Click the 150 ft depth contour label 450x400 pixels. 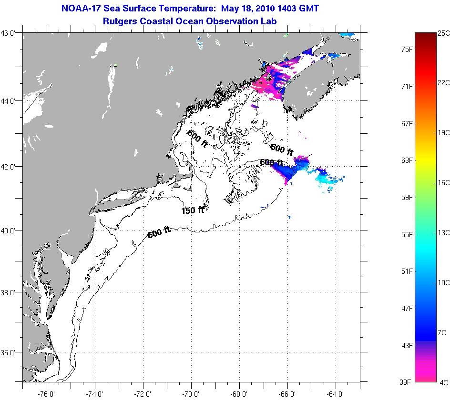click(x=193, y=210)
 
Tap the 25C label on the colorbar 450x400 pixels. click(x=443, y=33)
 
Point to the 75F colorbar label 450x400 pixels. click(x=407, y=49)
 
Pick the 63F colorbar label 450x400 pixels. click(x=407, y=160)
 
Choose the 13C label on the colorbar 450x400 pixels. click(x=443, y=232)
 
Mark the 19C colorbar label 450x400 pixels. click(x=443, y=133)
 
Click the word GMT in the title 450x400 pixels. click(x=308, y=9)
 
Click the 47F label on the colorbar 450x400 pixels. click(x=407, y=309)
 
